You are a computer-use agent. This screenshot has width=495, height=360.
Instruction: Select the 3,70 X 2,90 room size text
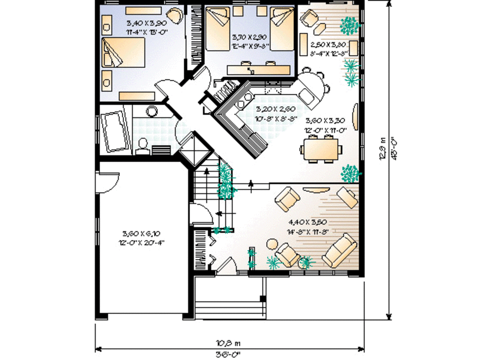(249, 37)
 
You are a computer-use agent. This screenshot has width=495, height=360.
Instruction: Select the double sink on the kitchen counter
(245, 100)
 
